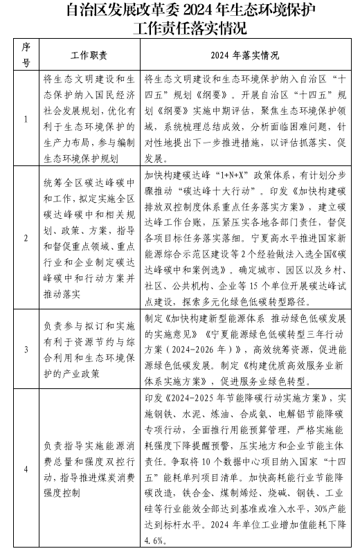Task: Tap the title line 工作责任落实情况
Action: (180, 29)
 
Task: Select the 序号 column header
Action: (26, 55)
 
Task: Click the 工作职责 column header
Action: (89, 55)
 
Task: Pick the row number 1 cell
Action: (26, 118)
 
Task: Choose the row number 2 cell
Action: (26, 237)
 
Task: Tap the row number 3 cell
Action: (26, 349)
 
